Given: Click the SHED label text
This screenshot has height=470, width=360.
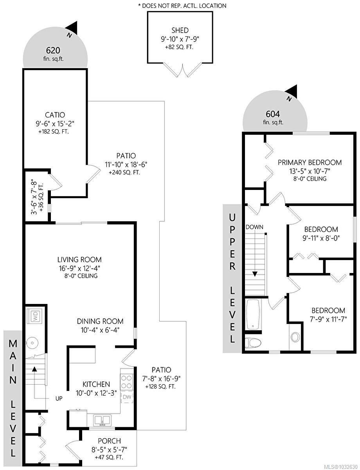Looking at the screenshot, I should [x=180, y=30].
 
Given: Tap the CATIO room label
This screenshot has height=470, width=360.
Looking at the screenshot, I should [x=54, y=115].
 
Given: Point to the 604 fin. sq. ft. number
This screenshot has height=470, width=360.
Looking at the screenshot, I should [x=272, y=114].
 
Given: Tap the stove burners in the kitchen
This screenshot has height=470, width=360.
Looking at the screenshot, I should [x=127, y=382].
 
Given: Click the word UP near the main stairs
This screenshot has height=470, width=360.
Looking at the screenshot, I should [x=59, y=398].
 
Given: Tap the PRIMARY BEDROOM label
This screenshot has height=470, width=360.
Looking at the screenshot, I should [x=310, y=163].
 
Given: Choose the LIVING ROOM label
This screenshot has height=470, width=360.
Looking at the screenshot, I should [x=79, y=260].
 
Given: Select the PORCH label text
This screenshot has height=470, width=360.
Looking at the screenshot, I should [x=109, y=441].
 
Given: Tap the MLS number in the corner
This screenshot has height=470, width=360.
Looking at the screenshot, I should [x=340, y=466].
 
